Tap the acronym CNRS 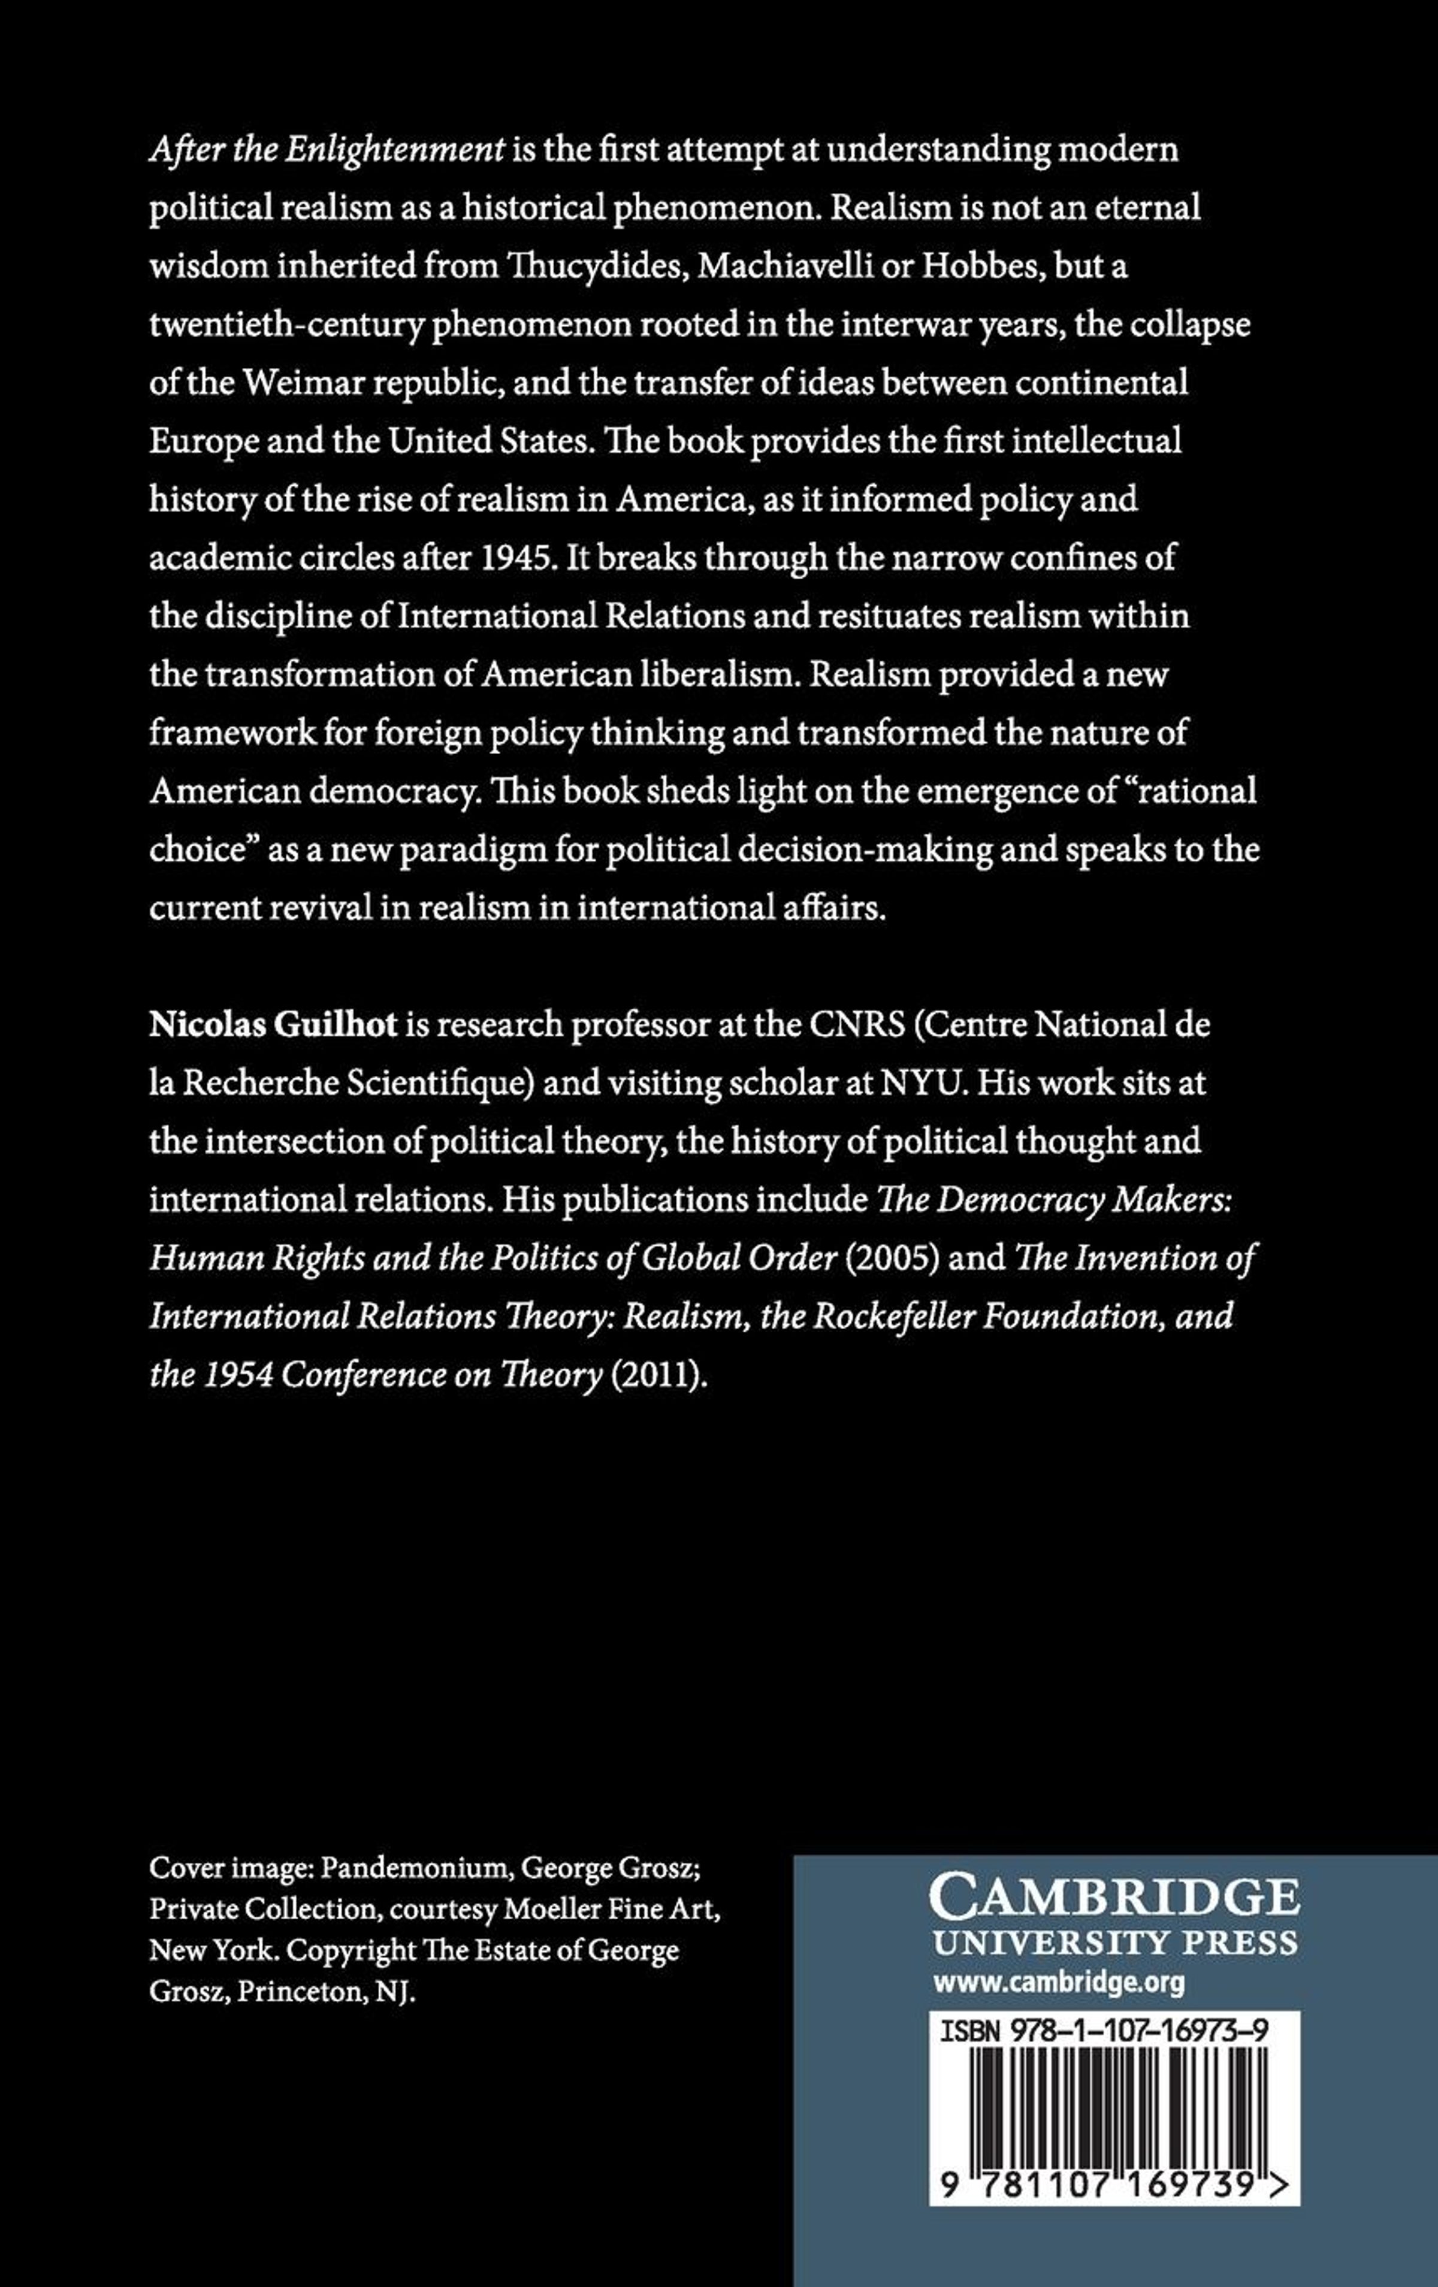[856, 1025]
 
